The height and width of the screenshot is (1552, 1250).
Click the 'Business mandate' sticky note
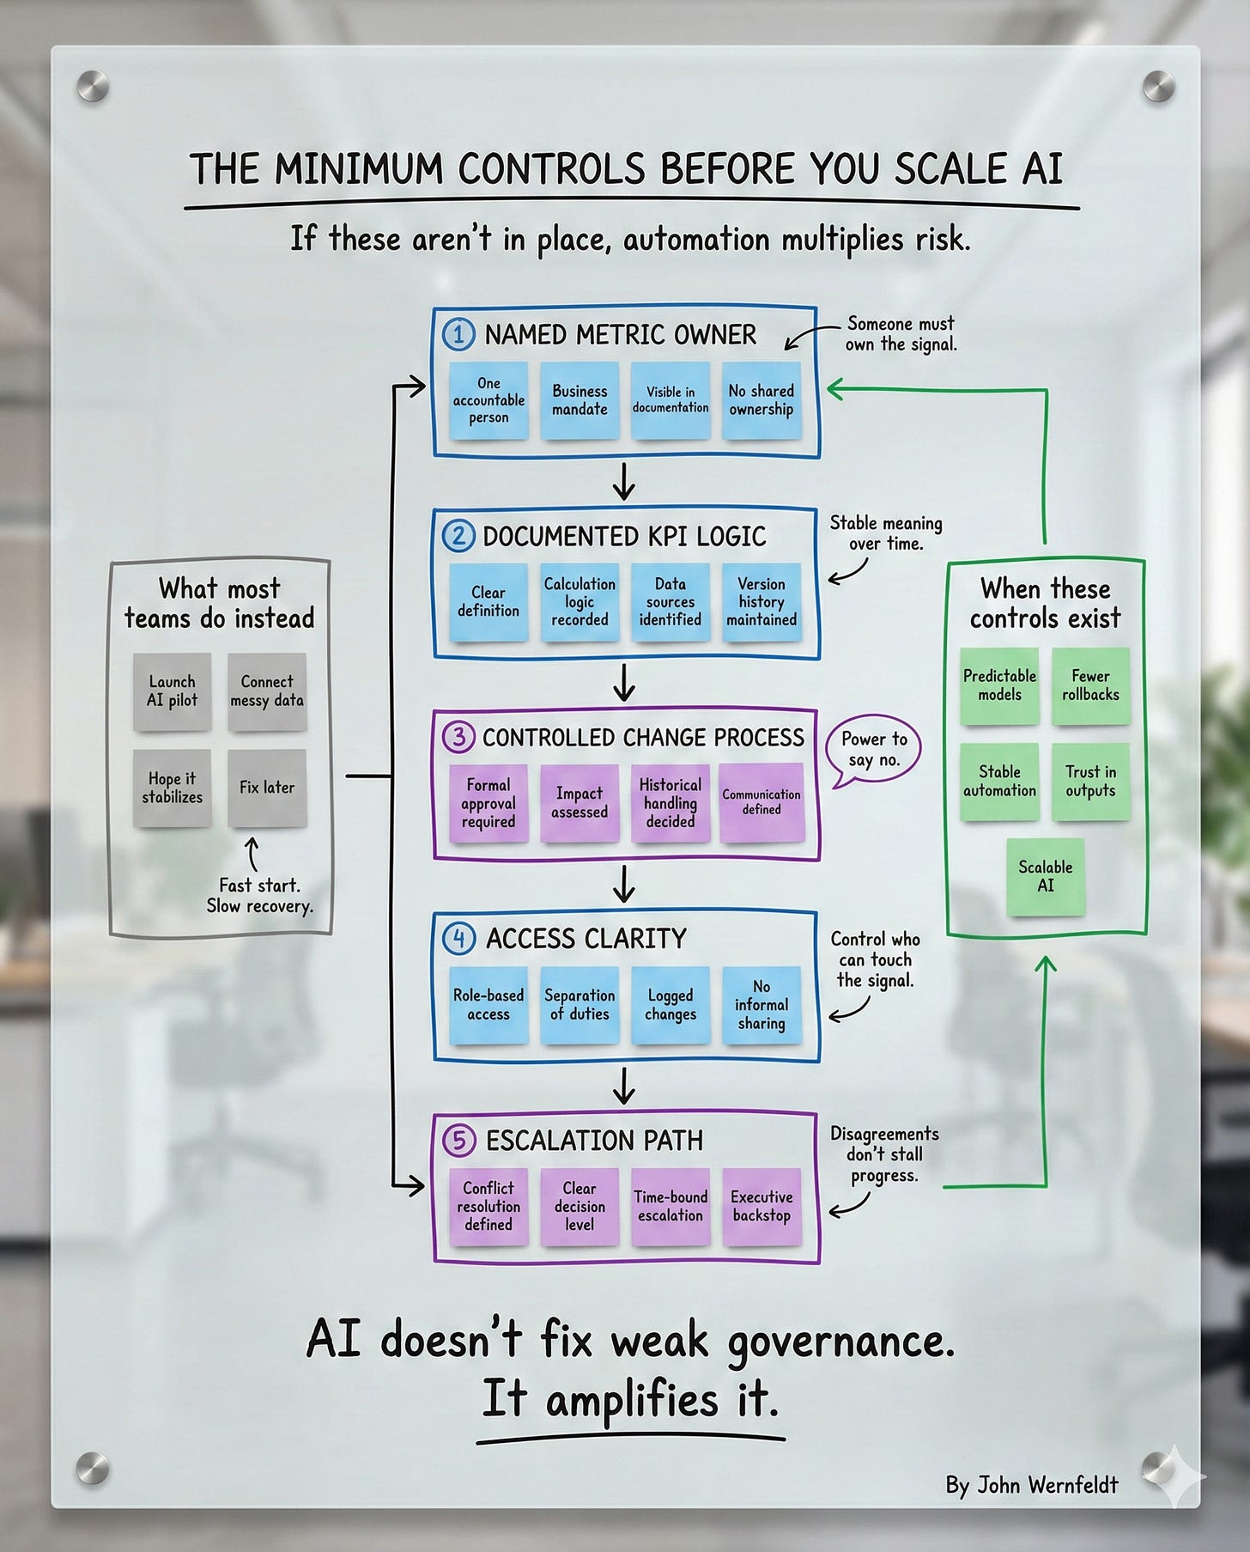579,400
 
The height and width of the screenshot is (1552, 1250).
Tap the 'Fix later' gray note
267,788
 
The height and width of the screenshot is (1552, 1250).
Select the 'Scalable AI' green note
1046,876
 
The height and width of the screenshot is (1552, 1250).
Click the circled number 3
458,737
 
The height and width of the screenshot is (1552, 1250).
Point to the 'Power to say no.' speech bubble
873,750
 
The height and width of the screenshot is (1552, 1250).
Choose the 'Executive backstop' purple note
762,1206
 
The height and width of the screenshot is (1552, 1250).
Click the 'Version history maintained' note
762,601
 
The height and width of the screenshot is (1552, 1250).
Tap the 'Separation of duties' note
579,1004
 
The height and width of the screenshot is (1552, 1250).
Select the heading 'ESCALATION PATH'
594,1141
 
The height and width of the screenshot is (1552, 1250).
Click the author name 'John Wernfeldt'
1048,1485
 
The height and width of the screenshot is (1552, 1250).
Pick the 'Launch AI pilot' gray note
172,691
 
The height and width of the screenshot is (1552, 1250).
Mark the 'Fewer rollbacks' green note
1090,685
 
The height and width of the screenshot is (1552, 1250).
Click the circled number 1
458,334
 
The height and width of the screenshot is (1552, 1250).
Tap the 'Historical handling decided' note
671,803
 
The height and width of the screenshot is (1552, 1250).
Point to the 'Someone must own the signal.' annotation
901,334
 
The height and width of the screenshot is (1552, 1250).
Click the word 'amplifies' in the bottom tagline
631,1401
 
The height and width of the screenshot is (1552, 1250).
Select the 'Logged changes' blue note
671,1004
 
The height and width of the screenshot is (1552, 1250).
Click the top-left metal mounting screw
93,86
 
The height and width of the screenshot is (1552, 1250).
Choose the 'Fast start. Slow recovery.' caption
259,895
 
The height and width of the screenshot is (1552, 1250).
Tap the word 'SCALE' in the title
950,169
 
